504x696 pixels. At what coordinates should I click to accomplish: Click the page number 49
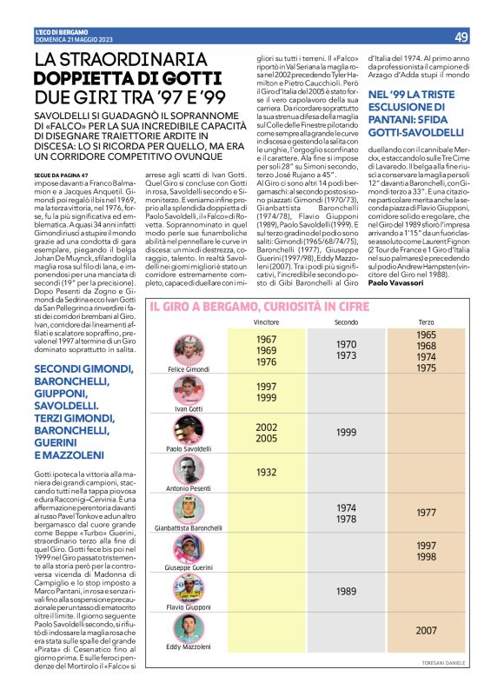[461, 36]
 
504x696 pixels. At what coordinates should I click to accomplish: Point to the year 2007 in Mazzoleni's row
[426, 631]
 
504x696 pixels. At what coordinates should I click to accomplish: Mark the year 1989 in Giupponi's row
[346, 591]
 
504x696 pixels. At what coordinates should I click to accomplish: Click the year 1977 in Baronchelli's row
[426, 513]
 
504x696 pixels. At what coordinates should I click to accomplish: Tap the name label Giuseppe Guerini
[189, 567]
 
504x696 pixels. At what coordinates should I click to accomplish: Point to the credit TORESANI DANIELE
[446, 663]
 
